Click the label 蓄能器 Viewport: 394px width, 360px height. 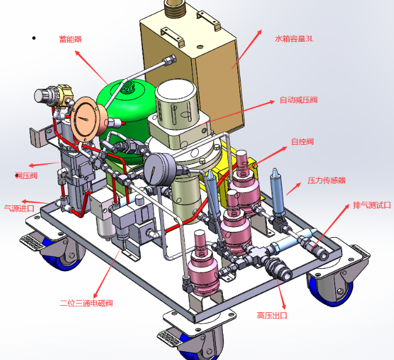pyautogui.click(x=71, y=39)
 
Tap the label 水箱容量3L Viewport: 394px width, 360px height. pyautogui.click(x=294, y=39)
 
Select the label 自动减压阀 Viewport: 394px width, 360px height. pyautogui.click(x=299, y=100)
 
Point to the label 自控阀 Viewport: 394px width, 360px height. pyautogui.click(x=302, y=142)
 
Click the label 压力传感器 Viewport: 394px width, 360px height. pyautogui.click(x=326, y=180)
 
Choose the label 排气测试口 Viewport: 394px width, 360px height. pyautogui.click(x=372, y=205)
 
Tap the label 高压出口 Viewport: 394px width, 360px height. pyautogui.click(x=272, y=315)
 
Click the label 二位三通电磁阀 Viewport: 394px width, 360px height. pyautogui.click(x=86, y=303)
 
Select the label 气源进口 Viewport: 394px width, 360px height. pyautogui.click(x=19, y=208)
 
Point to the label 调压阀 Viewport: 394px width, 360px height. pyautogui.click(x=26, y=175)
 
